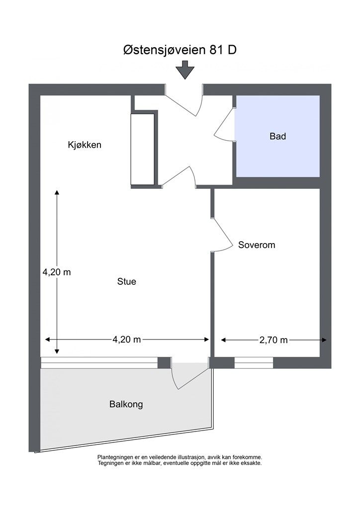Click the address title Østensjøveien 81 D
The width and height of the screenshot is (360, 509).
180,51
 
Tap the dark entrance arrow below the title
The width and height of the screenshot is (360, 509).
186,70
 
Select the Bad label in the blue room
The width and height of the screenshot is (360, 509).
277,136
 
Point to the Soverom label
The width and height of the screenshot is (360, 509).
257,245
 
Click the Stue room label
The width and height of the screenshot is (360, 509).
126,282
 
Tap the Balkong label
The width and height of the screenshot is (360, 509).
126,405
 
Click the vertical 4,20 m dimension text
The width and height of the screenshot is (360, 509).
56,272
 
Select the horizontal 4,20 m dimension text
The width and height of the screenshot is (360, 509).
127,340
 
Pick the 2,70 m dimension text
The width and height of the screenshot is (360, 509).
273,340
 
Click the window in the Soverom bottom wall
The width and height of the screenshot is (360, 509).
254,363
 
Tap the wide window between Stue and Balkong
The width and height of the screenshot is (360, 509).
99,363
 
